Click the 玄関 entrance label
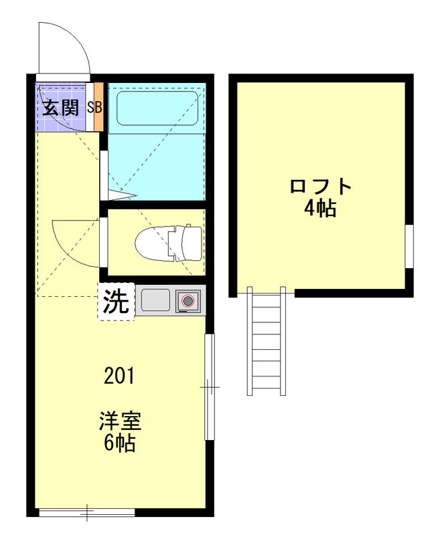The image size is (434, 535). click(x=61, y=107)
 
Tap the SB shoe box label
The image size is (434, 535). click(x=94, y=107)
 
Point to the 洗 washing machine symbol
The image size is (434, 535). click(x=117, y=302)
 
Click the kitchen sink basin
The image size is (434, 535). click(x=155, y=300)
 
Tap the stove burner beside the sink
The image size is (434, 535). click(x=187, y=302)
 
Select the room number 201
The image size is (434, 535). click(x=119, y=376)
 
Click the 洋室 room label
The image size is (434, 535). click(x=120, y=422)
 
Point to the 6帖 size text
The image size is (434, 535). click(x=120, y=442)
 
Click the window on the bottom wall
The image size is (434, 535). click(x=87, y=513)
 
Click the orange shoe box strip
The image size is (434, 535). click(x=98, y=107)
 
